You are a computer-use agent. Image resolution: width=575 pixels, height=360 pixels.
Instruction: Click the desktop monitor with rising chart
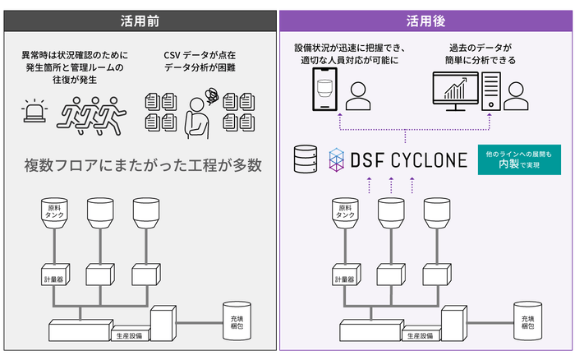pos(456,95)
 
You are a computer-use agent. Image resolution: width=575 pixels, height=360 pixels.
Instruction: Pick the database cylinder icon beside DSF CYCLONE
pos(305,158)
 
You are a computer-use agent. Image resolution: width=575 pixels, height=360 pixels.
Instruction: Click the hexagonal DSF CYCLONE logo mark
pos(339,158)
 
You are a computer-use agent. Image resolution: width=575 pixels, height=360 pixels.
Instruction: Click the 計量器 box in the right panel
pos(341,279)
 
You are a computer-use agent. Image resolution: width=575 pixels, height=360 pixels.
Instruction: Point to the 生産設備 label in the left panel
pos(130,335)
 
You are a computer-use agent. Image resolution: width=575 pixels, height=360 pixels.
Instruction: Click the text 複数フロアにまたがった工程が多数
pos(141,165)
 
